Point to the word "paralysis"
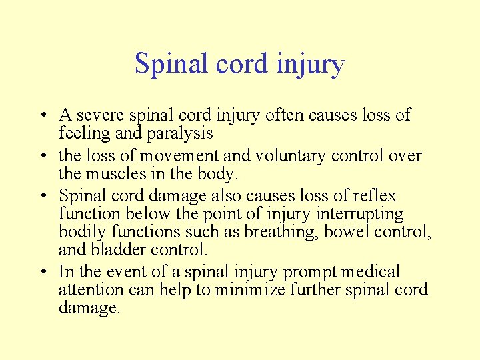(179, 133)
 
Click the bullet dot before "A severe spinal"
(42, 116)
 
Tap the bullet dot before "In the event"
(42, 273)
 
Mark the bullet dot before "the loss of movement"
(42, 157)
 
